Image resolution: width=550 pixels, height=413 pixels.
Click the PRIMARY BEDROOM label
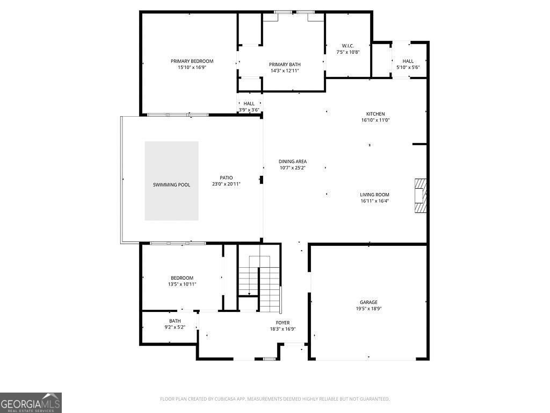192,61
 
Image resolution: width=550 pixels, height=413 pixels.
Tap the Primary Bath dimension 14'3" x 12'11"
285,70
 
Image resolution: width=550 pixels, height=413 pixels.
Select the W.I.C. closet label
348,46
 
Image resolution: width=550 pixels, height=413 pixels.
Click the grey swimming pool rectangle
171,181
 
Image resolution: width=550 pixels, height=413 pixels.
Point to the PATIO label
226,178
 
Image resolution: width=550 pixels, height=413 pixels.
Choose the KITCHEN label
375,114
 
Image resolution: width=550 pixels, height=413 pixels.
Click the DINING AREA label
292,161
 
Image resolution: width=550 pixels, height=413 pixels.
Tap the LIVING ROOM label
374,195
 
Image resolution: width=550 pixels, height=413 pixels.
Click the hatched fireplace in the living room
420,196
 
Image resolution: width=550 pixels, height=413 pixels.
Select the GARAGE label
368,302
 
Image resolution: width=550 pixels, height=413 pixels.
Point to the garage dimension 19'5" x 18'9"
368,309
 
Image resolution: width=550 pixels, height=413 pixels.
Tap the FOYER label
283,323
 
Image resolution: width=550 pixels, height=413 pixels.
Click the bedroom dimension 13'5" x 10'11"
182,284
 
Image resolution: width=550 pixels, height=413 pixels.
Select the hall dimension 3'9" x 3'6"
249,110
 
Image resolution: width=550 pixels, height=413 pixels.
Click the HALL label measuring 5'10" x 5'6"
408,61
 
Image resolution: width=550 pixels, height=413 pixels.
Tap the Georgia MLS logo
31,403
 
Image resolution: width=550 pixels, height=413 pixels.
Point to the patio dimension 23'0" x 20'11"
226,184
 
